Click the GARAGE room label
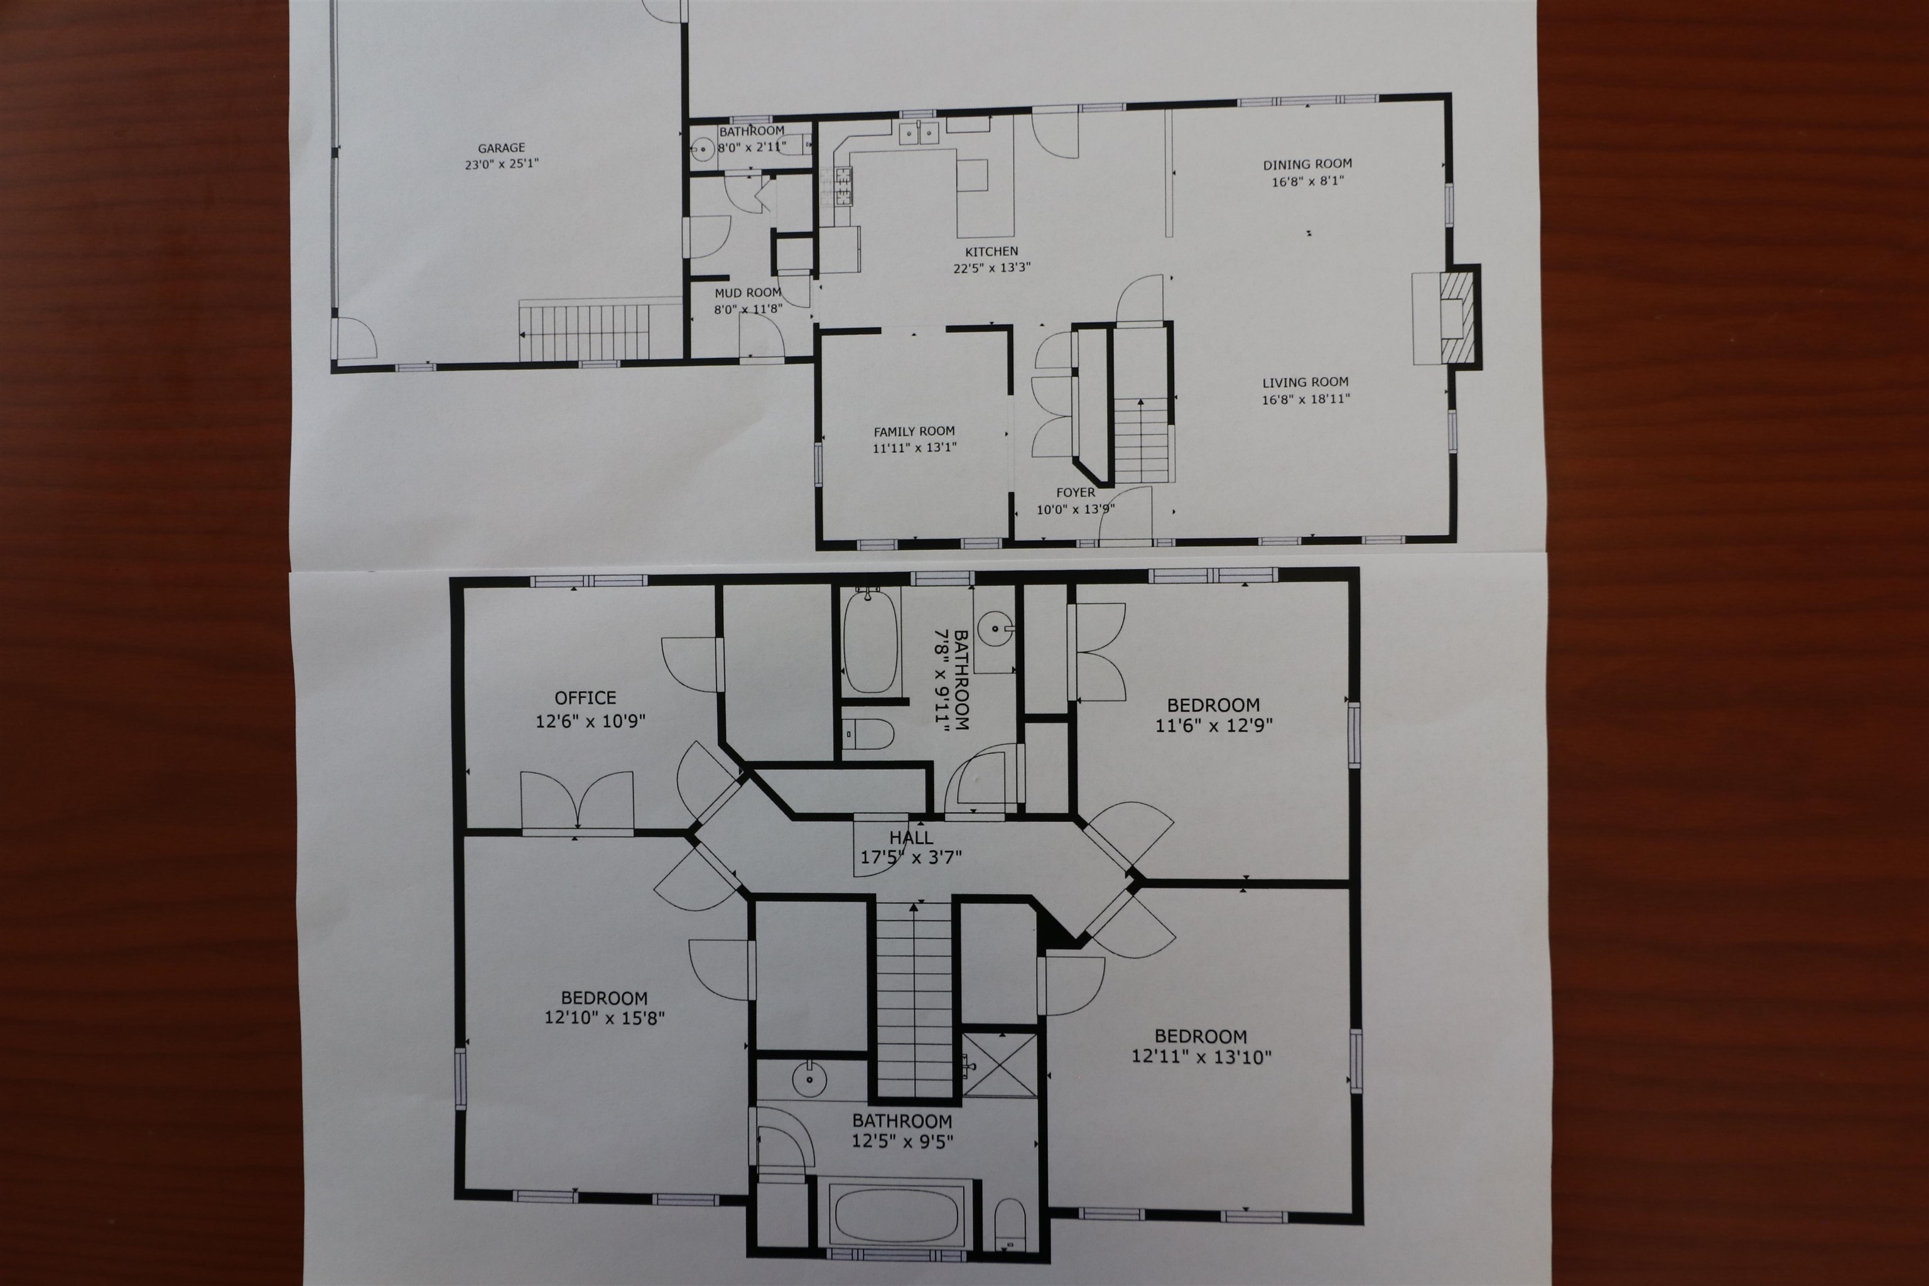click(x=501, y=148)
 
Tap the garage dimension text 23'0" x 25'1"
click(x=501, y=164)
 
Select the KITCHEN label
click(x=992, y=252)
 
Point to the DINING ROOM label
click(x=1307, y=164)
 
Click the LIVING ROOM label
click(x=1305, y=382)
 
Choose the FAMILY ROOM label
click(x=914, y=431)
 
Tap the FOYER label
click(x=1075, y=493)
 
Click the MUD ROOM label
click(x=748, y=293)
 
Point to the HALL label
click(x=911, y=838)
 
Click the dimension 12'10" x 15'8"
click(x=605, y=1018)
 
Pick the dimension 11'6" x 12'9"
click(x=1214, y=725)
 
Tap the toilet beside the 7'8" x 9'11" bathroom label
click(x=868, y=736)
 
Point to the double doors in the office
click(x=578, y=801)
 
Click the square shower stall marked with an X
click(x=1000, y=1064)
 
